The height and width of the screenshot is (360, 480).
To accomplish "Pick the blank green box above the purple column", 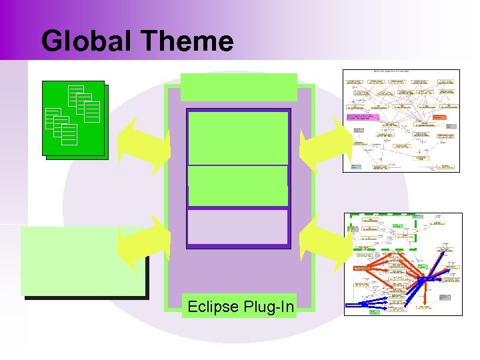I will tap(239, 87).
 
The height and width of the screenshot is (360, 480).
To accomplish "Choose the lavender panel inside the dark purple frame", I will tap(238, 227).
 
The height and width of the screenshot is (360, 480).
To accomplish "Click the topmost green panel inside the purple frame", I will tap(238, 137).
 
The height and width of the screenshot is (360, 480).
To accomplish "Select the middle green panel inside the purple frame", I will tap(238, 185).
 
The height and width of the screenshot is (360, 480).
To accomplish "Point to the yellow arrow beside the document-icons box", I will tap(144, 139).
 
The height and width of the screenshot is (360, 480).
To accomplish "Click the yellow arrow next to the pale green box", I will tap(144, 244).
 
